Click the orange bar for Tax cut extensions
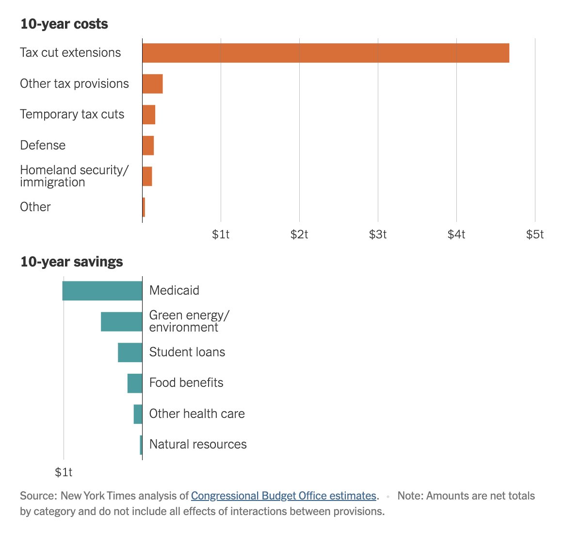[325, 53]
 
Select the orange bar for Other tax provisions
[152, 84]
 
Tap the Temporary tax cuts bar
[148, 115]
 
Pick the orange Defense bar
[148, 146]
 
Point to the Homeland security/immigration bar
[147, 176]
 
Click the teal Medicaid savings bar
[102, 291]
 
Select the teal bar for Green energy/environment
[121, 322]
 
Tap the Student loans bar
[130, 352]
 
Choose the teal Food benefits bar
[135, 383]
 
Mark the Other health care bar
[138, 414]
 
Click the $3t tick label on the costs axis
[378, 234]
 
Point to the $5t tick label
[535, 234]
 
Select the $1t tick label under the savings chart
[64, 472]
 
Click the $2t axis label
[299, 234]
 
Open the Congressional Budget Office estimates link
[284, 496]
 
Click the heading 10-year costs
[64, 24]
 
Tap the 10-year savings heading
[71, 262]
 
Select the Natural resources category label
[198, 444]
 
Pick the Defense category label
[43, 145]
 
